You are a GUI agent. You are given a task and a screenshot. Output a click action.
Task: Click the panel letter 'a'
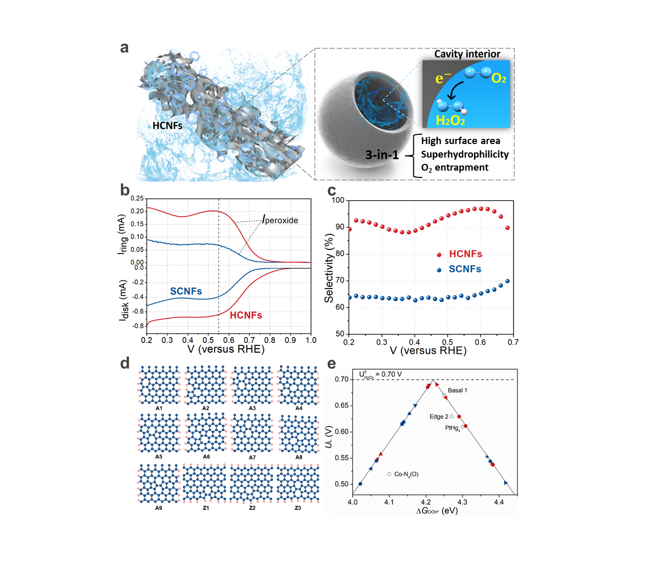click(x=124, y=47)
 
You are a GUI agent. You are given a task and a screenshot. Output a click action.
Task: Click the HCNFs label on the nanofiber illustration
click(x=168, y=126)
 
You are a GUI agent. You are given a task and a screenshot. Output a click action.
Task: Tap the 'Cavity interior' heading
click(x=467, y=54)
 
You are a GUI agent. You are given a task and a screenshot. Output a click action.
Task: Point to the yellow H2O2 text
click(x=450, y=121)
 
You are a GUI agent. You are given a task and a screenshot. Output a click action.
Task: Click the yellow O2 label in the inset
click(x=499, y=78)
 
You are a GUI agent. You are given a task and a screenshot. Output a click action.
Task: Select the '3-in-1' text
click(x=382, y=154)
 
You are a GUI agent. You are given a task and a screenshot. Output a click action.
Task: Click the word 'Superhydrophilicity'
click(x=464, y=154)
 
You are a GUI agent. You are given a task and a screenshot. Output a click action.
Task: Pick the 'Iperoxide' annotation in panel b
click(x=280, y=220)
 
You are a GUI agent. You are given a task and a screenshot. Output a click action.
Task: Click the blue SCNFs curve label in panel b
click(x=186, y=291)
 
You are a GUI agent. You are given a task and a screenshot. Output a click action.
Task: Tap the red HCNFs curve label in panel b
click(x=246, y=315)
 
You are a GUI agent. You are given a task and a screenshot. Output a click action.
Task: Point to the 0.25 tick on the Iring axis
click(x=137, y=198)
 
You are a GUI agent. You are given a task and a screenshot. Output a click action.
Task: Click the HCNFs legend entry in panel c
click(x=466, y=254)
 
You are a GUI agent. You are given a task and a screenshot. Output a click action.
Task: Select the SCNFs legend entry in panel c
click(x=465, y=269)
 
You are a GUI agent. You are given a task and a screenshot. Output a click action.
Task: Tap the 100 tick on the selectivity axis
click(x=338, y=200)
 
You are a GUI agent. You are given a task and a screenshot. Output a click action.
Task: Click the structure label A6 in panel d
click(x=207, y=457)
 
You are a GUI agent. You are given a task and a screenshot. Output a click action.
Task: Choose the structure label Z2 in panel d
click(x=252, y=508)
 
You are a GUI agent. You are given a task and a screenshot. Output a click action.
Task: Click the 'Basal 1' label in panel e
click(x=458, y=390)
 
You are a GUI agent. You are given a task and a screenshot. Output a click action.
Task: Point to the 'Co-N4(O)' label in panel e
click(x=406, y=474)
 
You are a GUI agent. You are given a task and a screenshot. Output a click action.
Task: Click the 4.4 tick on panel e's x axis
click(x=499, y=502)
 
